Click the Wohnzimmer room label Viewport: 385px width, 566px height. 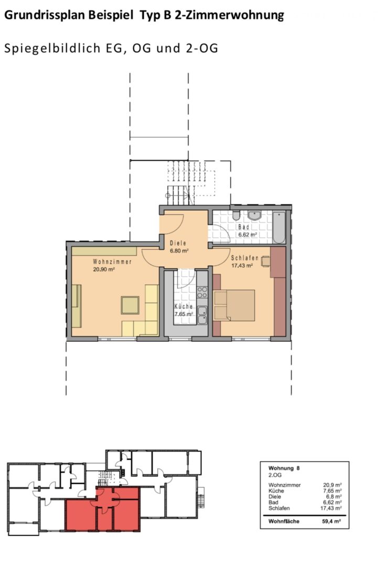click(x=112, y=262)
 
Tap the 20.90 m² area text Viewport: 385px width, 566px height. click(x=104, y=269)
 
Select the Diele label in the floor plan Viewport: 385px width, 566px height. click(x=178, y=243)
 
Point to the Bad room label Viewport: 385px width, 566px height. click(x=244, y=227)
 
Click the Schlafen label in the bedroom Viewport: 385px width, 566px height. click(x=244, y=258)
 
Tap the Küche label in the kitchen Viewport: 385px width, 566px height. click(x=184, y=307)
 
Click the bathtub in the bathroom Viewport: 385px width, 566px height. click(x=279, y=227)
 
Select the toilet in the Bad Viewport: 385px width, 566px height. click(x=236, y=215)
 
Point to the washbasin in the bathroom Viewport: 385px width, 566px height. click(x=254, y=215)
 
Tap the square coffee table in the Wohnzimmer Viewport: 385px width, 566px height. click(x=130, y=305)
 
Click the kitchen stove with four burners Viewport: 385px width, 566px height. click(x=202, y=292)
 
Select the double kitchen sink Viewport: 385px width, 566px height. click(x=202, y=315)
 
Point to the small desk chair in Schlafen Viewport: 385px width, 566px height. click(x=265, y=261)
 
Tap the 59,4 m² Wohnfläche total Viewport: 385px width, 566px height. click(x=331, y=521)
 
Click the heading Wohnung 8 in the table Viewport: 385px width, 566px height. click(x=284, y=468)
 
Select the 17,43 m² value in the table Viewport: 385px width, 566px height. click(x=331, y=508)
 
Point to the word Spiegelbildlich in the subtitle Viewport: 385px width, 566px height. click(x=53, y=48)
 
